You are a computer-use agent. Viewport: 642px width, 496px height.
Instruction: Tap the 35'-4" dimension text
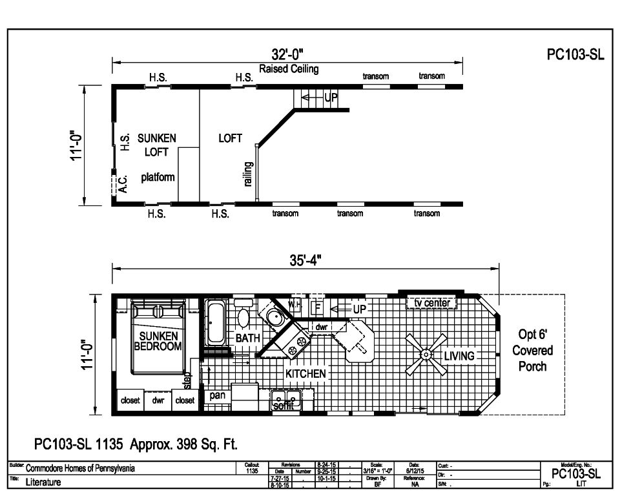pos(305,260)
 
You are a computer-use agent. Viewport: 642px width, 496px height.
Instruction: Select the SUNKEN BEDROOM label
pos(158,340)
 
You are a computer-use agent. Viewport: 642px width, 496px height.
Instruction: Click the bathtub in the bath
pos(215,322)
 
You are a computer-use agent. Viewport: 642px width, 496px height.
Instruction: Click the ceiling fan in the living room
pos(426,354)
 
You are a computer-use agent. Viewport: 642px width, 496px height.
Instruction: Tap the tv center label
pos(432,303)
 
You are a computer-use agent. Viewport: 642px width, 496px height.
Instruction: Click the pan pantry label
pos(217,395)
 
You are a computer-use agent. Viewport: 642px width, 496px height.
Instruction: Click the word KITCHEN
pos(305,373)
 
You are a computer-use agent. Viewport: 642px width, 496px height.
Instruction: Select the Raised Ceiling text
pos(289,69)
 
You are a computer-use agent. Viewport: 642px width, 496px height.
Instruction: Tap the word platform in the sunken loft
pos(158,177)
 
